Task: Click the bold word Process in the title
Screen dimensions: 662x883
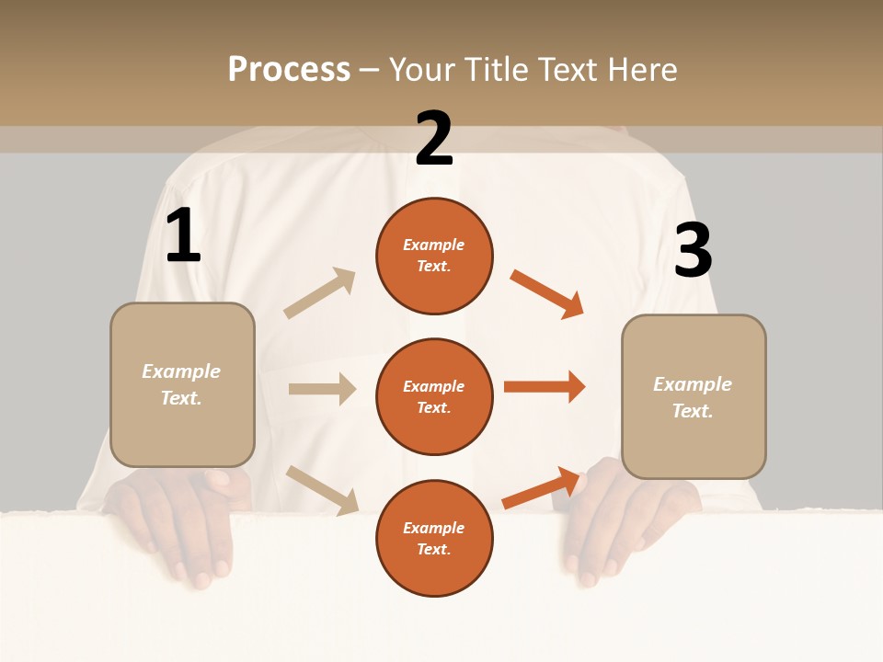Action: coord(289,69)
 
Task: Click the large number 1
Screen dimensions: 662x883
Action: coord(183,236)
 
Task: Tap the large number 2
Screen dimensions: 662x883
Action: coord(434,139)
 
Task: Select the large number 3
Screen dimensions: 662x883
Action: coord(693,250)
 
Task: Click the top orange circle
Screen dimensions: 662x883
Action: coord(434,256)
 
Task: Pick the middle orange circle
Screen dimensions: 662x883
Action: coord(434,396)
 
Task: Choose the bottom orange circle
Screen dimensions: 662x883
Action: coord(434,538)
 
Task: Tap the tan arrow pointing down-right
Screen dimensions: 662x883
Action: coord(323,490)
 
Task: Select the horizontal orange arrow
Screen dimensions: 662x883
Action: coord(545,386)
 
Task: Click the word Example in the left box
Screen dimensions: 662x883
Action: coord(181,371)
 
